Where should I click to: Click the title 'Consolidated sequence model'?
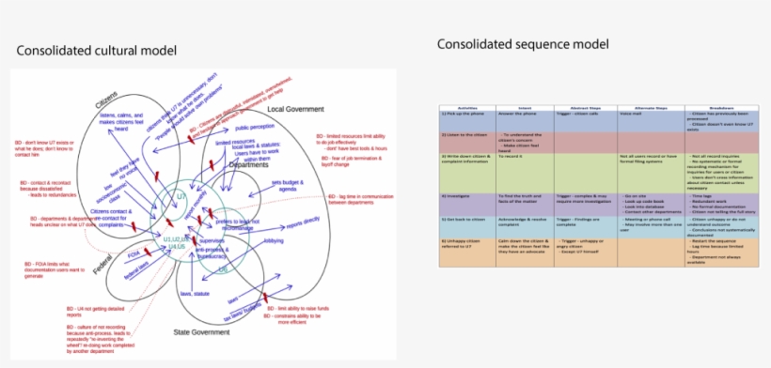[x=523, y=44]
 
